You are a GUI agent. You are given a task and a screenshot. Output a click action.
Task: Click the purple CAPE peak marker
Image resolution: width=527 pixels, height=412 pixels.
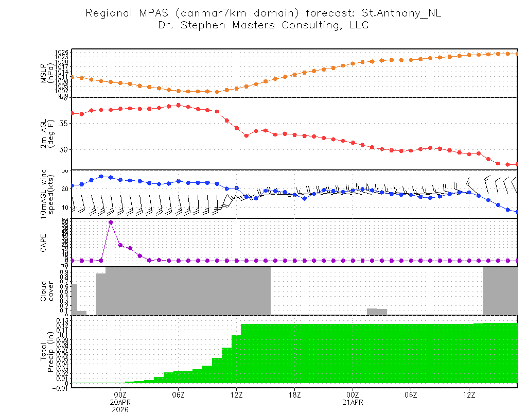111,222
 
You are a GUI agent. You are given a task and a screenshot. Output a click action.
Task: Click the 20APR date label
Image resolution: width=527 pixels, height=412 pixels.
120,402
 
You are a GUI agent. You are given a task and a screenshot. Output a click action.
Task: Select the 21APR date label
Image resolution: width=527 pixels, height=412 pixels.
353,402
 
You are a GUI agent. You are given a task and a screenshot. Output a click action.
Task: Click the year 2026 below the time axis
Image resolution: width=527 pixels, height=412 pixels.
120,409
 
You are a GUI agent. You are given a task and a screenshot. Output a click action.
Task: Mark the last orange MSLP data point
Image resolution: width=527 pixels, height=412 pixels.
517,54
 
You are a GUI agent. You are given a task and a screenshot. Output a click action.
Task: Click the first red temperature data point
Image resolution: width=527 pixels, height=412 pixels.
72,113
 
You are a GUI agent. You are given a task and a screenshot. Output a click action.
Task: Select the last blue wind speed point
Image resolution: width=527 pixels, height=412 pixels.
517,212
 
